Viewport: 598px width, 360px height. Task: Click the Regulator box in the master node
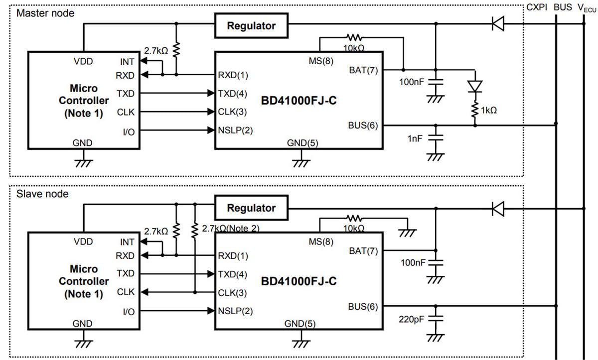point(251,26)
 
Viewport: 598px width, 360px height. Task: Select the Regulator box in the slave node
point(251,208)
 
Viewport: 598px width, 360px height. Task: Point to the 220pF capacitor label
point(411,319)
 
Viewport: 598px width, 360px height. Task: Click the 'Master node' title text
point(45,13)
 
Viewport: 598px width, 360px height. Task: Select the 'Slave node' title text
point(42,193)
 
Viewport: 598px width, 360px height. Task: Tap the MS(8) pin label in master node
point(321,61)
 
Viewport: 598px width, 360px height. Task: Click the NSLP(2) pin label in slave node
point(235,311)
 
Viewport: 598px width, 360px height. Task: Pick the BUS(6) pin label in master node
point(362,125)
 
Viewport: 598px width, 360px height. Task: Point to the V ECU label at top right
point(587,8)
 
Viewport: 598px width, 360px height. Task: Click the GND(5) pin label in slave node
point(299,324)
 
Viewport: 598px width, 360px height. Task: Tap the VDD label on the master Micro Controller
point(83,62)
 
